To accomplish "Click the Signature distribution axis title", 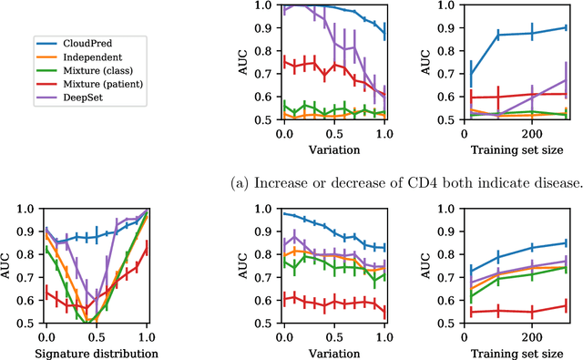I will [97, 353].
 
